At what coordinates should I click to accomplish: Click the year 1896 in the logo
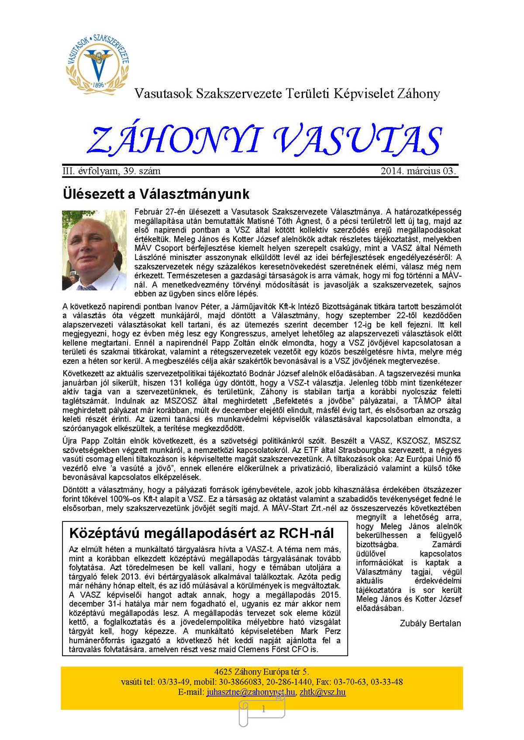99,85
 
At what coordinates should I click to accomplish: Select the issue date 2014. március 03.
418,171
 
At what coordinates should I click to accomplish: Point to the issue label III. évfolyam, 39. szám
112,171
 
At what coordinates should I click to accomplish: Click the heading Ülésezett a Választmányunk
156,193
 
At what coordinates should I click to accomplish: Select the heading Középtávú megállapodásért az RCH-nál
201,533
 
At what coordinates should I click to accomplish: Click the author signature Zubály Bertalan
430,623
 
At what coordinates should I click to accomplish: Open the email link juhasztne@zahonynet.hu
251,692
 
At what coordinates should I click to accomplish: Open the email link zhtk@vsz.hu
323,692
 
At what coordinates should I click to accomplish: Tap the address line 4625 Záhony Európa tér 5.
262,672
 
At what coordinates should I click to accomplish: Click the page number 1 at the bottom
263,709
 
